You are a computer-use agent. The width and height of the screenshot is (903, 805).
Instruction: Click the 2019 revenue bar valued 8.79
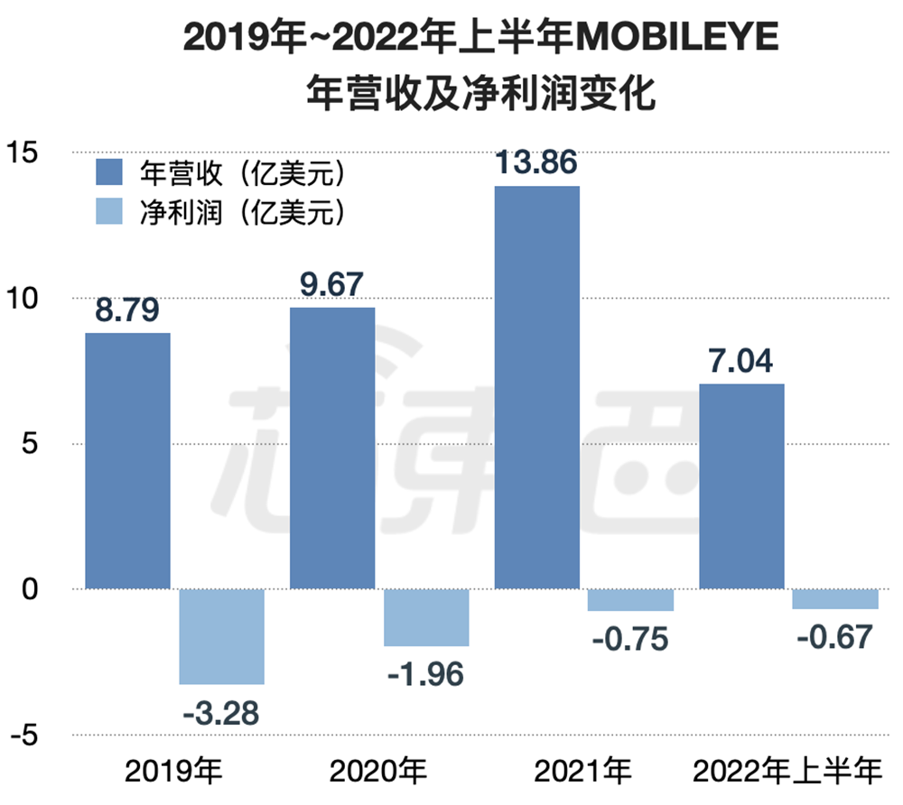[127, 460]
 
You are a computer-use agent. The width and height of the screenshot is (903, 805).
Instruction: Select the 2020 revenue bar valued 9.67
[332, 448]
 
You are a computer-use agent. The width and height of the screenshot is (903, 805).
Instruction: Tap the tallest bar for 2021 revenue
[537, 387]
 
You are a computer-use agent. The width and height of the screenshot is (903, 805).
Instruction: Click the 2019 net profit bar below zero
[221, 636]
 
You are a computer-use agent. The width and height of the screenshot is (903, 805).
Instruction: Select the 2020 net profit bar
[426, 617]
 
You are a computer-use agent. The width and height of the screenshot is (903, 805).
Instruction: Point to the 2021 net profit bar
[630, 600]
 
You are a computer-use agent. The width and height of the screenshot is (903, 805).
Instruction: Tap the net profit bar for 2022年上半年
[835, 598]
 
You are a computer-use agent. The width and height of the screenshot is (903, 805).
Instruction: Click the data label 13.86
[537, 163]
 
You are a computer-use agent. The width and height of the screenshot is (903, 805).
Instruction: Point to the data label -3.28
[221, 713]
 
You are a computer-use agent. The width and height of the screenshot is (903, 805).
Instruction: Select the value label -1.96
[425, 673]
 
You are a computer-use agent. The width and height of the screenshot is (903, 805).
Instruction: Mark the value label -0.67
[835, 637]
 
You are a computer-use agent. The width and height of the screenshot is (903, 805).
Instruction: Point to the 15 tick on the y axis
[26, 153]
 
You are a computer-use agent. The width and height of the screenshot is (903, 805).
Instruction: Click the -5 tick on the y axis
[26, 736]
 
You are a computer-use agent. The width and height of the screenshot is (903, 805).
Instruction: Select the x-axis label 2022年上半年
[787, 773]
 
